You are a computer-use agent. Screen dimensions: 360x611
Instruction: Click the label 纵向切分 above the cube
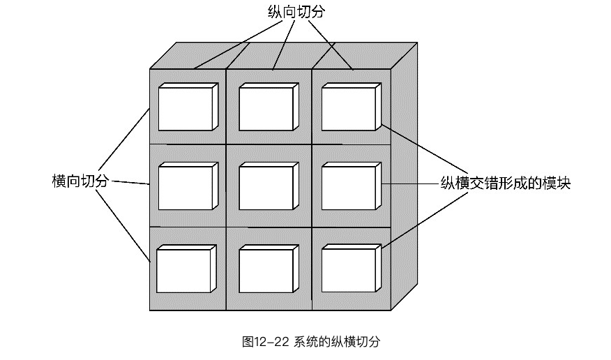point(296,12)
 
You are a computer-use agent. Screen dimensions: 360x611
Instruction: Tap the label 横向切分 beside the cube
point(81,181)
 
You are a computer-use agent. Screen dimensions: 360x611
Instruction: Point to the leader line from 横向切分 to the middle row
point(131,183)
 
